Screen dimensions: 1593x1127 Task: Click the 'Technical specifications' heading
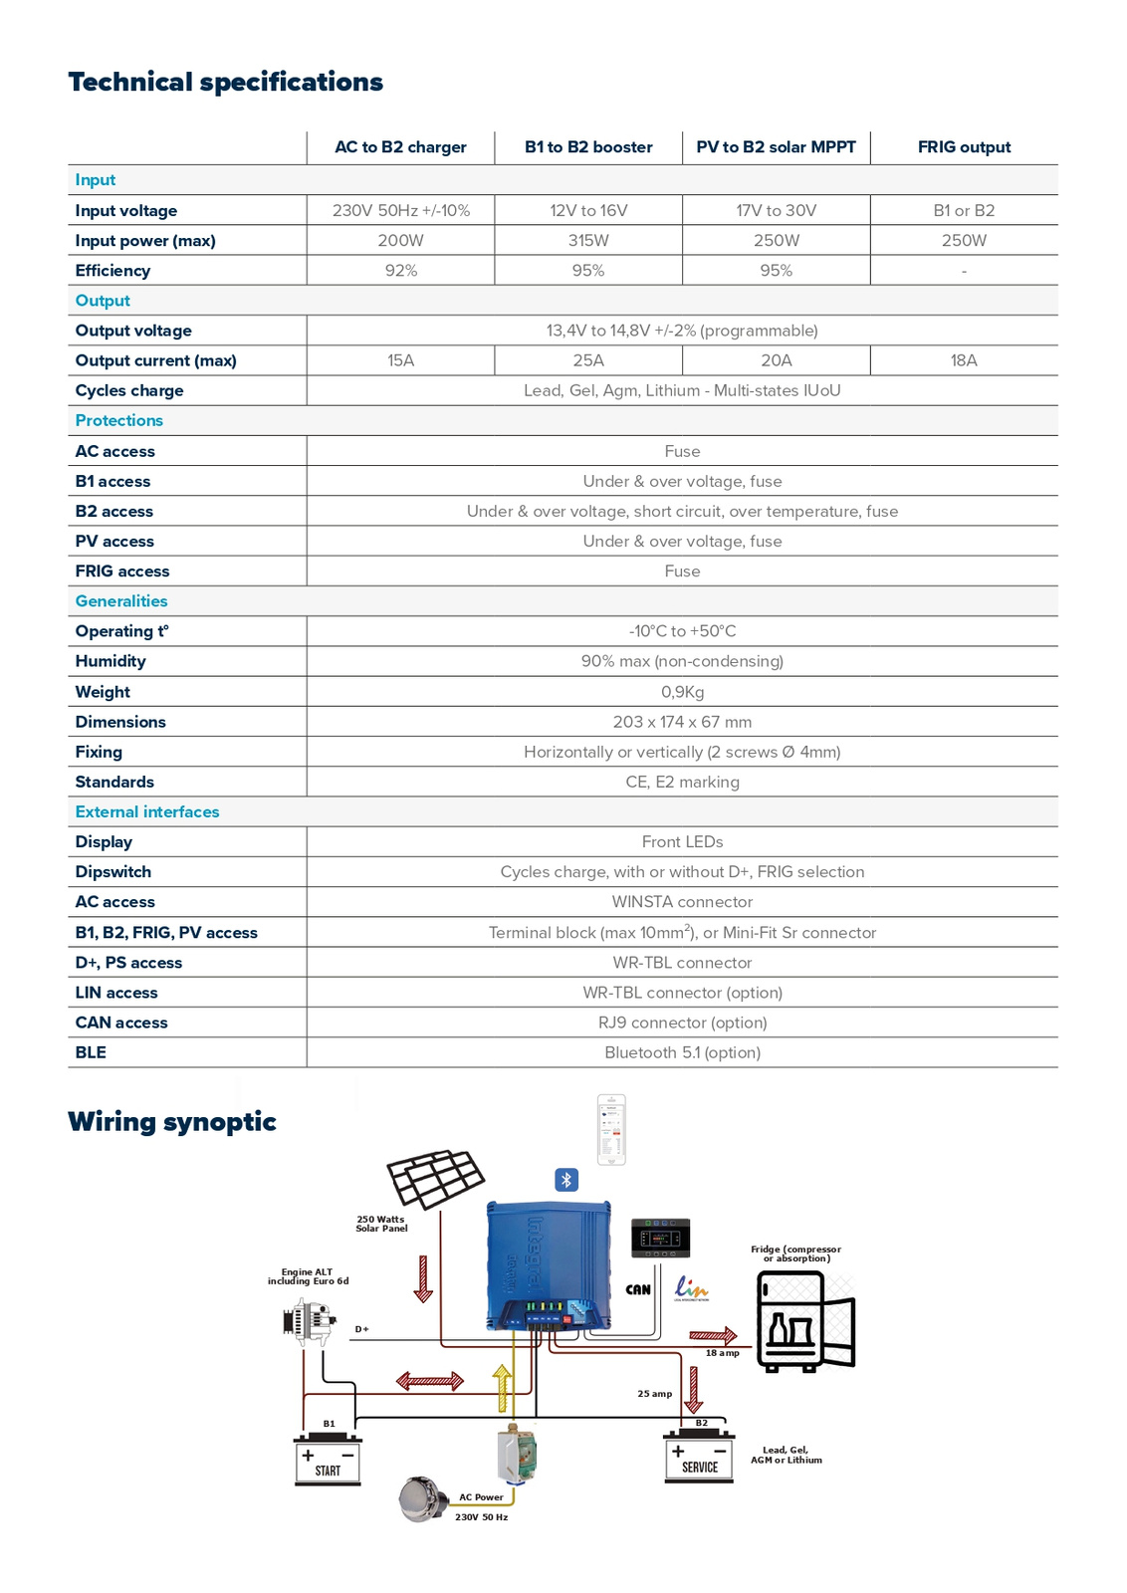225,82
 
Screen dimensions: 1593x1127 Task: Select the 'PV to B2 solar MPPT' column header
776,147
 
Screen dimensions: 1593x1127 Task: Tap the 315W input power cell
588,241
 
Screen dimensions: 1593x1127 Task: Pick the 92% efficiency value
401,271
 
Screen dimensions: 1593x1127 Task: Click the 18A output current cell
964,360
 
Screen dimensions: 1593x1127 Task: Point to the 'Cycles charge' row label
129,390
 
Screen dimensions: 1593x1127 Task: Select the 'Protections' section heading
119,420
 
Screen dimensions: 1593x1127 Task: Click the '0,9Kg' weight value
682,692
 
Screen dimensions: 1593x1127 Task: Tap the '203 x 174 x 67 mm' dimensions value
682,722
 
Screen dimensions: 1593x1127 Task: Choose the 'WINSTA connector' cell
682,902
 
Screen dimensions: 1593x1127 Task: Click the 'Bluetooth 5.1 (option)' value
682,1052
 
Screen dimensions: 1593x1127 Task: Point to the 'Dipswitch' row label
113,872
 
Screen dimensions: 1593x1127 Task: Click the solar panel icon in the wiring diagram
435,1179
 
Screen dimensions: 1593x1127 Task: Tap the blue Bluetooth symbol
566,1180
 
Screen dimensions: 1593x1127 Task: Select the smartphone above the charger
611,1129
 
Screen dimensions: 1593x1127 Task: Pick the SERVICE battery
699,1457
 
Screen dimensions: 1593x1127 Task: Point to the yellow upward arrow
503,1387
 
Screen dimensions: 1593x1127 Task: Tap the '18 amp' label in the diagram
722,1353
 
